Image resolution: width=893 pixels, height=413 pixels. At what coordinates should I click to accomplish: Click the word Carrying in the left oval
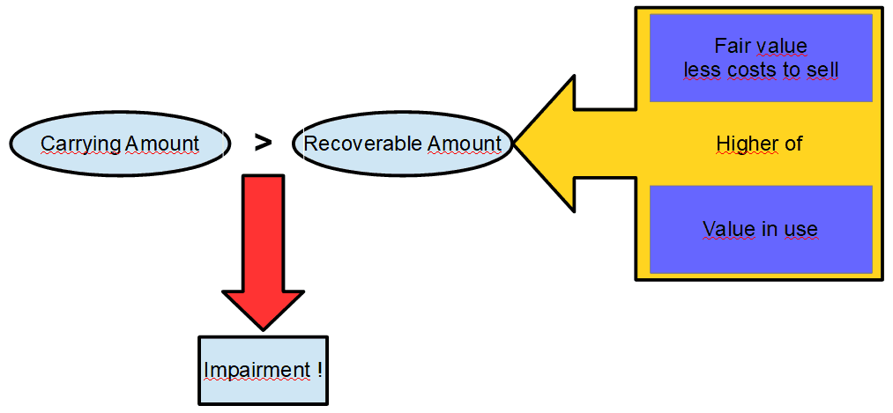coord(80,144)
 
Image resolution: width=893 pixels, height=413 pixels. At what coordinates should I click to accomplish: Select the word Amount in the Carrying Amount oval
coord(161,144)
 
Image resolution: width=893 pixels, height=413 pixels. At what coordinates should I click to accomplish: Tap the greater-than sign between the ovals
coord(263,143)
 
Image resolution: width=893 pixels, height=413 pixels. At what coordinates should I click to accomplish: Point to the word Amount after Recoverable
coord(465,144)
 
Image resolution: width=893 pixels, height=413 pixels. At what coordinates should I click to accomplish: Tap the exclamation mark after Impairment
coord(318,370)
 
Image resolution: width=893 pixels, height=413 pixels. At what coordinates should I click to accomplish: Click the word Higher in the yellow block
coord(747,144)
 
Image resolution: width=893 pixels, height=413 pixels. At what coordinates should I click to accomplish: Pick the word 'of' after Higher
coord(793,144)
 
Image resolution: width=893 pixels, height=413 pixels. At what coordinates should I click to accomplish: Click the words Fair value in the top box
coord(761,46)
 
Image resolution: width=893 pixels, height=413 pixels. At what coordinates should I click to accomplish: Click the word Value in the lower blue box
coord(728,230)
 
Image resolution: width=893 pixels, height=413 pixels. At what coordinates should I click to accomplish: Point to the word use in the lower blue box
coord(802,230)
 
